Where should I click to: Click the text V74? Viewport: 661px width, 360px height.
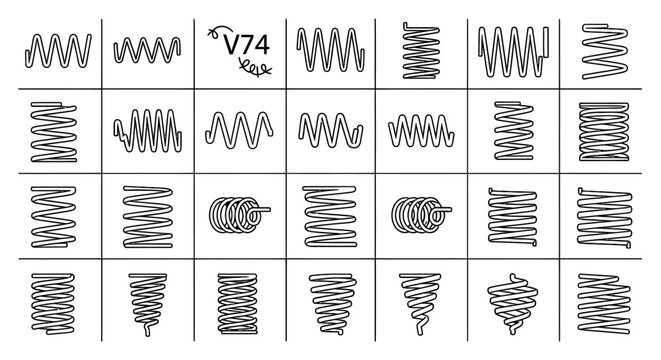pos(246,44)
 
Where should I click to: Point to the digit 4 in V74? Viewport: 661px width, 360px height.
pos(262,44)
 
